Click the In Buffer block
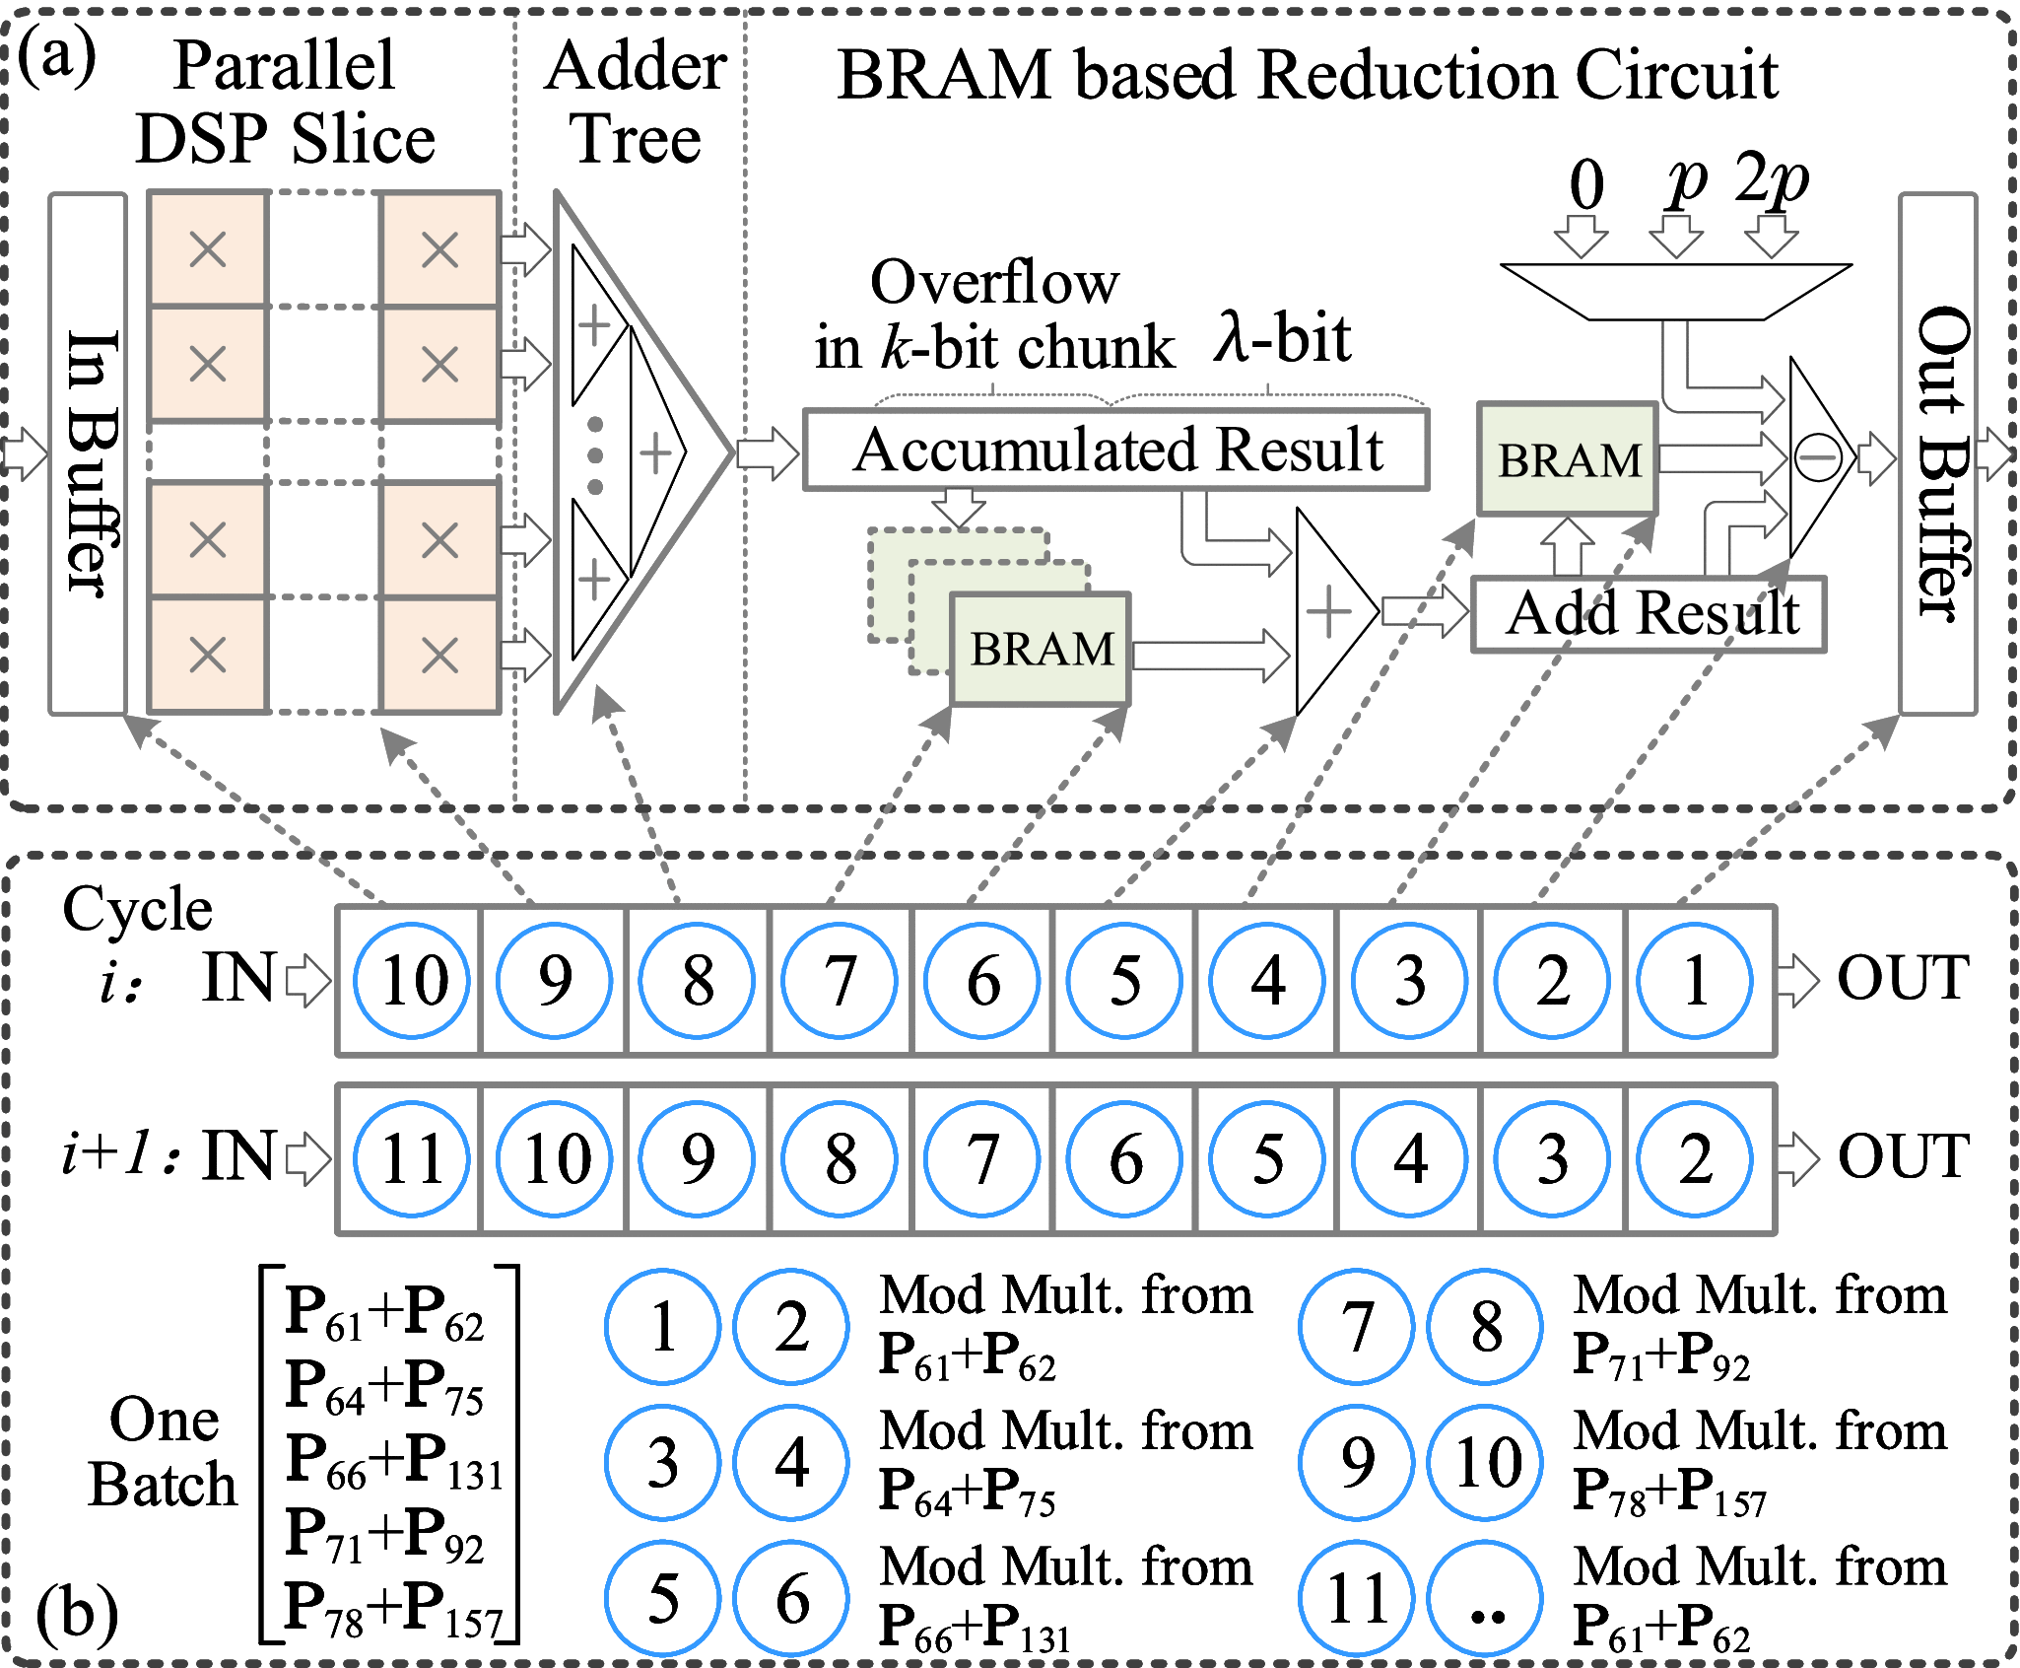[89, 453]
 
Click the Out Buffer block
[1937, 453]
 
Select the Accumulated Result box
[1115, 451]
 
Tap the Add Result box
[1648, 614]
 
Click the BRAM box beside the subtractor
[1567, 459]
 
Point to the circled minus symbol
[1817, 457]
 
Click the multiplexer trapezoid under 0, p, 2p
[1675, 291]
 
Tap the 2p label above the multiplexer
[1771, 180]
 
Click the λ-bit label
[1282, 338]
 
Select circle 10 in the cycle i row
[412, 981]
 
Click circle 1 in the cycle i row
[1694, 981]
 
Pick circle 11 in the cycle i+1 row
[412, 1159]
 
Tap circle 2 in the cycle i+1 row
[1694, 1159]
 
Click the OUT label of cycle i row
[1902, 979]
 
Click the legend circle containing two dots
[1485, 1598]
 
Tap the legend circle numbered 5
[662, 1598]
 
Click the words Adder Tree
[636, 103]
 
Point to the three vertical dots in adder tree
[595, 455]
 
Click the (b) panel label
[77, 1614]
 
